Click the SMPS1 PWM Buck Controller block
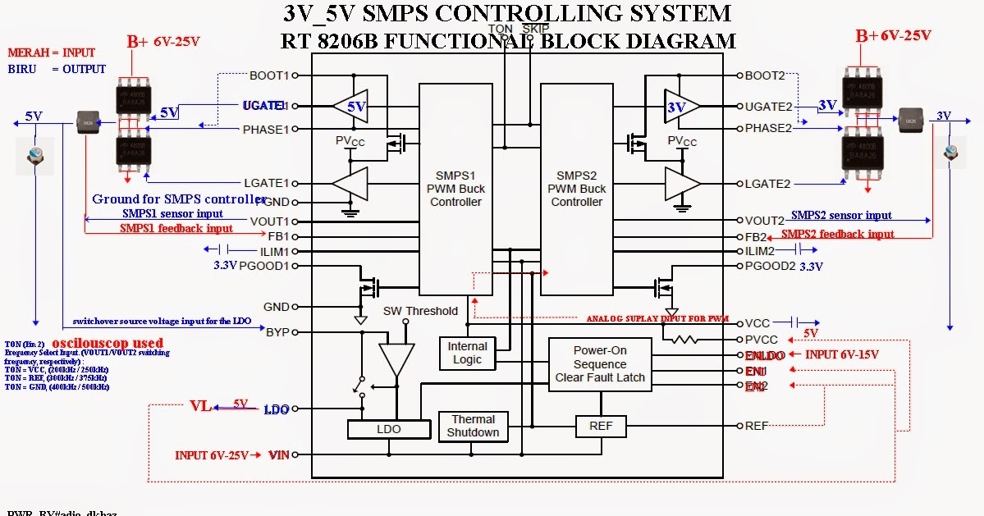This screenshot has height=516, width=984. pos(455,189)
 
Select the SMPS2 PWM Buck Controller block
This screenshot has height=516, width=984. pos(576,189)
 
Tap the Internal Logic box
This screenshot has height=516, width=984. pos(467,353)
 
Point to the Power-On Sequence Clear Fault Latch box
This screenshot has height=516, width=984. pos(600,363)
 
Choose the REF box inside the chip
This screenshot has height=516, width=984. pos(606,426)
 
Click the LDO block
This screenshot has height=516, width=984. pos(388,429)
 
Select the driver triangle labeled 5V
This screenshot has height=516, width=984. pos(351,106)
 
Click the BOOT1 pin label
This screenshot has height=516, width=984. pos(270,75)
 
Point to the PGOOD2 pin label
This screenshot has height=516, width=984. pos(771,266)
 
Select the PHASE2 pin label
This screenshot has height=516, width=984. pos(769,128)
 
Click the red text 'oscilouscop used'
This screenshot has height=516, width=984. pos(108,342)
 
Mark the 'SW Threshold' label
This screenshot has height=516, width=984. pos(420,311)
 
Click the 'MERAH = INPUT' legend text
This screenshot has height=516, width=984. pos(51,53)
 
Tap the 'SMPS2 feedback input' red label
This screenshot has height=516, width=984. pos(837,235)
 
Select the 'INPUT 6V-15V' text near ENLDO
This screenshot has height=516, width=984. pos(841,355)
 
